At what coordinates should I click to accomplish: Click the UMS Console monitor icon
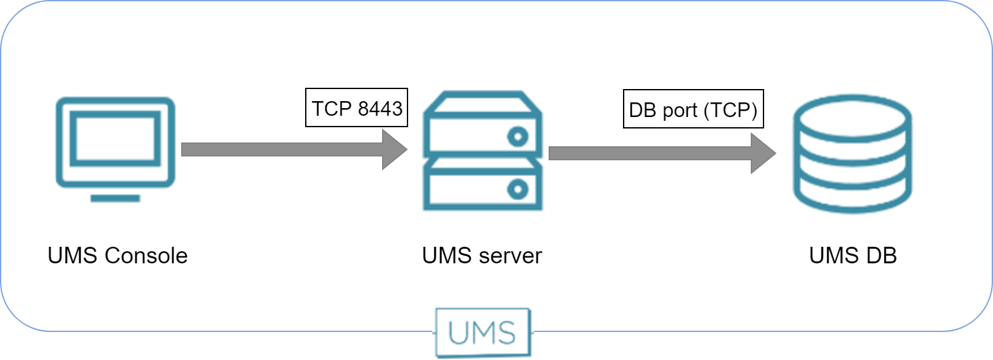[115, 142]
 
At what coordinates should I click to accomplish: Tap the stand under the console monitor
[115, 198]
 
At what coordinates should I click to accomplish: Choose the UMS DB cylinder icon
[852, 153]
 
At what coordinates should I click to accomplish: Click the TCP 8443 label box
[357, 107]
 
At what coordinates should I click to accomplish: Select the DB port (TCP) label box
[693, 109]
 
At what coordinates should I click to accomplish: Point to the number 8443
[380, 108]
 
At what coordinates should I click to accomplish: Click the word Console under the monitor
[146, 256]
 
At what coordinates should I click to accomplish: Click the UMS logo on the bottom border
[483, 332]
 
